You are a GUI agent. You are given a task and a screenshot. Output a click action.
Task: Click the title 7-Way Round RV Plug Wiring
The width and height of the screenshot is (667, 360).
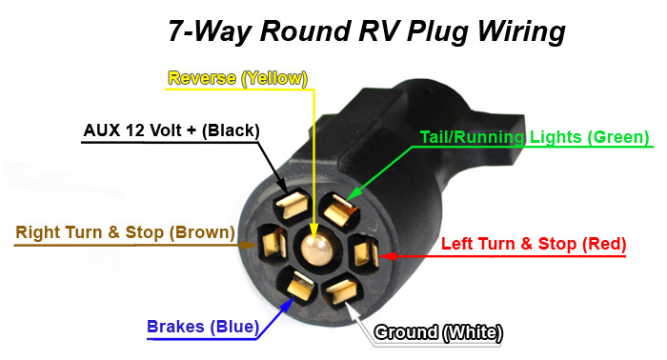click(x=367, y=30)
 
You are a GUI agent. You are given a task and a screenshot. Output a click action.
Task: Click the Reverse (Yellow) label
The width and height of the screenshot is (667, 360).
click(x=238, y=78)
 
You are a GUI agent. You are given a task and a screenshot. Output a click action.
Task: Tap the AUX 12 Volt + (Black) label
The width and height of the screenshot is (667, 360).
click(x=172, y=130)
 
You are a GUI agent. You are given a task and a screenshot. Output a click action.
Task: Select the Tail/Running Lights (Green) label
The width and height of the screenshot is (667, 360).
click(x=535, y=137)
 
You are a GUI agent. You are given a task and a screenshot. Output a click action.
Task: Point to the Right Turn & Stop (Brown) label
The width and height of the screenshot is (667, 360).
click(x=125, y=231)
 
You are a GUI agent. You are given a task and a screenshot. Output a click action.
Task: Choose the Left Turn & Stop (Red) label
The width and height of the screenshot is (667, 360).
click(x=534, y=244)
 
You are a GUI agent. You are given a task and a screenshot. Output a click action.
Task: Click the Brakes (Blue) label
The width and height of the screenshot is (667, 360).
click(x=203, y=328)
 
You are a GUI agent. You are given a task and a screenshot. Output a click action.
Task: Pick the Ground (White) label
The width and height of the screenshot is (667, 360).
click(x=438, y=332)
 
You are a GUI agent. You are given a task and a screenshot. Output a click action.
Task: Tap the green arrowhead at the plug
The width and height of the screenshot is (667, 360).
click(x=352, y=196)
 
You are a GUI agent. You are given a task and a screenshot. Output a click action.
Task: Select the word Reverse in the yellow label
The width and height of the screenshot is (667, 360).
click(x=202, y=78)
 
